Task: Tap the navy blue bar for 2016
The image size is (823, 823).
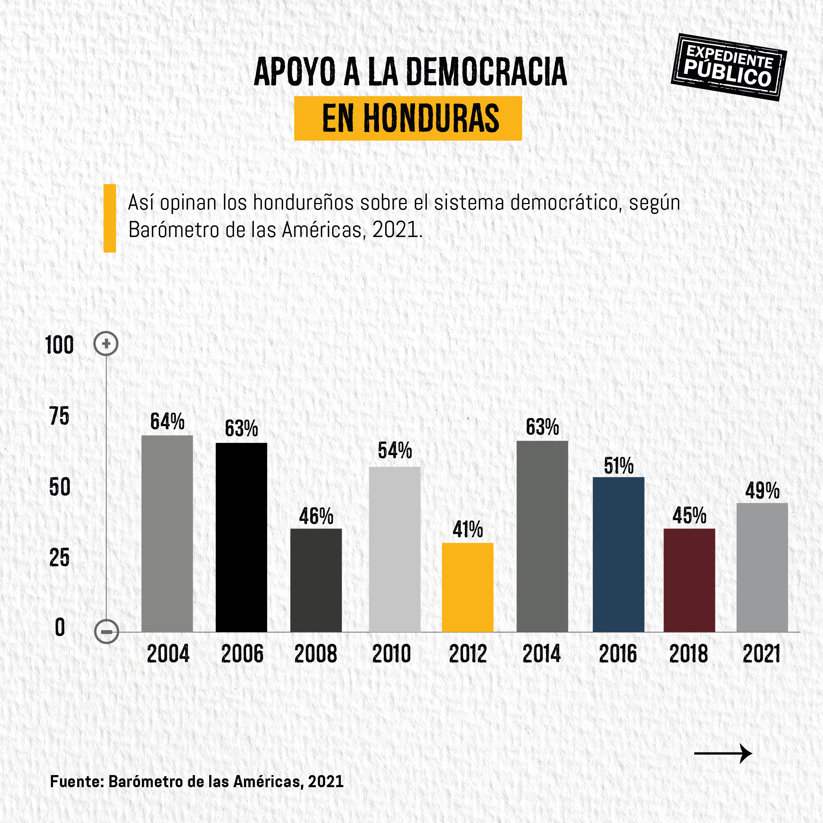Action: (x=618, y=554)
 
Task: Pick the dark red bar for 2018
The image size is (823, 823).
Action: (x=689, y=580)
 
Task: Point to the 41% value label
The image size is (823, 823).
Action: (x=467, y=530)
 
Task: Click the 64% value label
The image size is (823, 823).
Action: (x=167, y=422)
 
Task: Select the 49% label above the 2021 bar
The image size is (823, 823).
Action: (x=762, y=491)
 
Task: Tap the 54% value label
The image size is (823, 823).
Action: (x=394, y=451)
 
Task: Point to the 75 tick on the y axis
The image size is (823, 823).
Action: (x=59, y=416)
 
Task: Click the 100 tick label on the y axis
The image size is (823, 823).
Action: (x=59, y=345)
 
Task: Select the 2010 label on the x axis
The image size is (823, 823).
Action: (x=391, y=654)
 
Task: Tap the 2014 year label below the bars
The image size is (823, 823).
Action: (x=541, y=654)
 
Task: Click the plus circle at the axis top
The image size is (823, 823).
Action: (x=106, y=343)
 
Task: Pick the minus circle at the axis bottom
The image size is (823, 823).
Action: (x=106, y=631)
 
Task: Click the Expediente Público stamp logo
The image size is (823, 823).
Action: (x=728, y=67)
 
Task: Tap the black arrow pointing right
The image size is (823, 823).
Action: (x=723, y=754)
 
